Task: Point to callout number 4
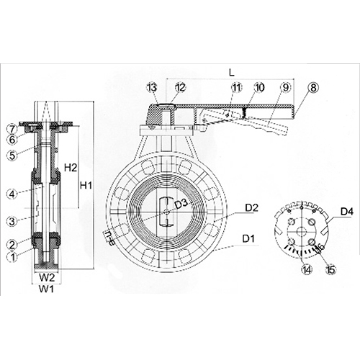click(11, 193)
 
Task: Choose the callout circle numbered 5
click(11, 154)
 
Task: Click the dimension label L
click(230, 73)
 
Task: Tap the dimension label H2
click(70, 167)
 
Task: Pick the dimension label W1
click(45, 289)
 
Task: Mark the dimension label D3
click(183, 205)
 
